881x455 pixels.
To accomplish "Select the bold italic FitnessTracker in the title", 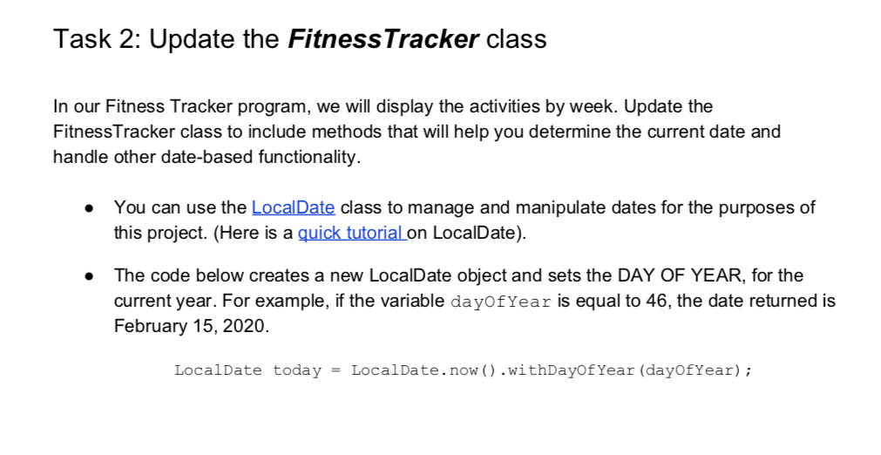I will click(383, 39).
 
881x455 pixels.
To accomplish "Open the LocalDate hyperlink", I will click(293, 207).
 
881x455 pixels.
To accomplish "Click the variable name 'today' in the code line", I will click(297, 370).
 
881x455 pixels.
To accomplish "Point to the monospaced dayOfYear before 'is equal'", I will click(499, 302).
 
